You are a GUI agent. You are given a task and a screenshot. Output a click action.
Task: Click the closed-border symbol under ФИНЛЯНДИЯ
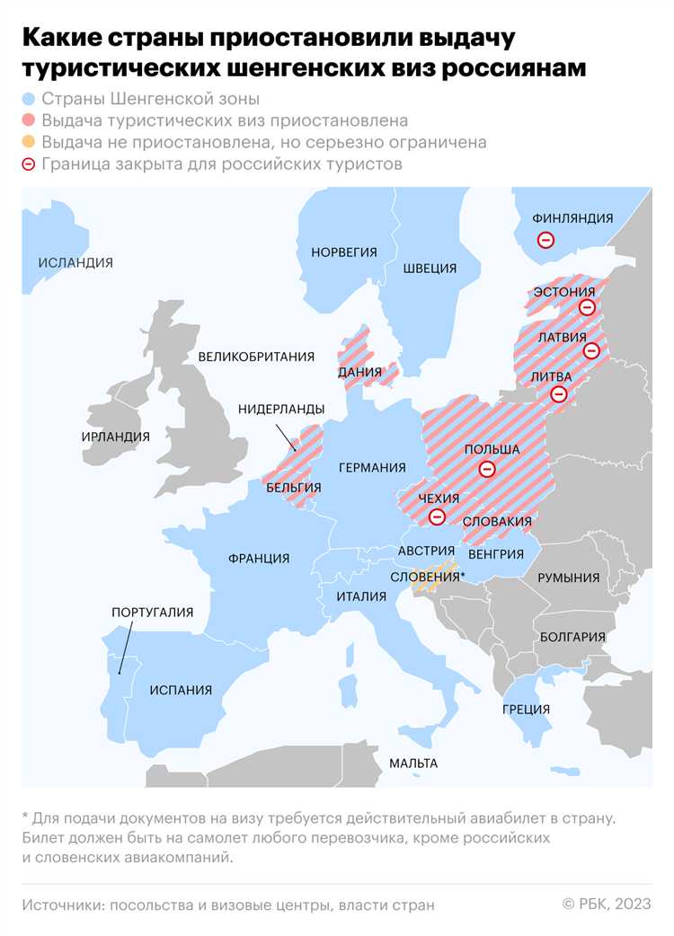click(x=545, y=240)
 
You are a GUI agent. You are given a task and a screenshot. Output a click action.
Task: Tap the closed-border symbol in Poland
click(x=486, y=468)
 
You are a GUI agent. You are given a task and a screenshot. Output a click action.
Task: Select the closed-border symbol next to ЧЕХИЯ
click(x=437, y=517)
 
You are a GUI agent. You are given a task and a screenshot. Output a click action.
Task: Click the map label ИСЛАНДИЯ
click(x=75, y=262)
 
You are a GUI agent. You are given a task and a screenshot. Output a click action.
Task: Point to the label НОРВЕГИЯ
click(x=343, y=252)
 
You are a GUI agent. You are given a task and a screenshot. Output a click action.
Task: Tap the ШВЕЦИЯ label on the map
click(x=430, y=268)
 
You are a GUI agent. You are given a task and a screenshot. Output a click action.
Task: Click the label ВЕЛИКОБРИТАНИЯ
click(x=256, y=356)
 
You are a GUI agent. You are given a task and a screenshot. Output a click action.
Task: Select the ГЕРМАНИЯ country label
click(x=372, y=467)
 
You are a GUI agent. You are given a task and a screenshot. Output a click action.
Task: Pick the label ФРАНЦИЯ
click(x=259, y=558)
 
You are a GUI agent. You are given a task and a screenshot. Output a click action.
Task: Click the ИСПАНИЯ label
click(x=182, y=690)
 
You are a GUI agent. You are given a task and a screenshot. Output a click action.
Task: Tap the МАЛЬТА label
click(x=413, y=763)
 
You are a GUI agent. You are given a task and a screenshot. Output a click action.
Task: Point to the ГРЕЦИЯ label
click(x=527, y=709)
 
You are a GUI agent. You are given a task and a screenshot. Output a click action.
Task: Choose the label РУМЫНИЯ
click(x=569, y=578)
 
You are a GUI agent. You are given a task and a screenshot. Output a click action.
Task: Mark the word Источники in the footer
click(x=62, y=905)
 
